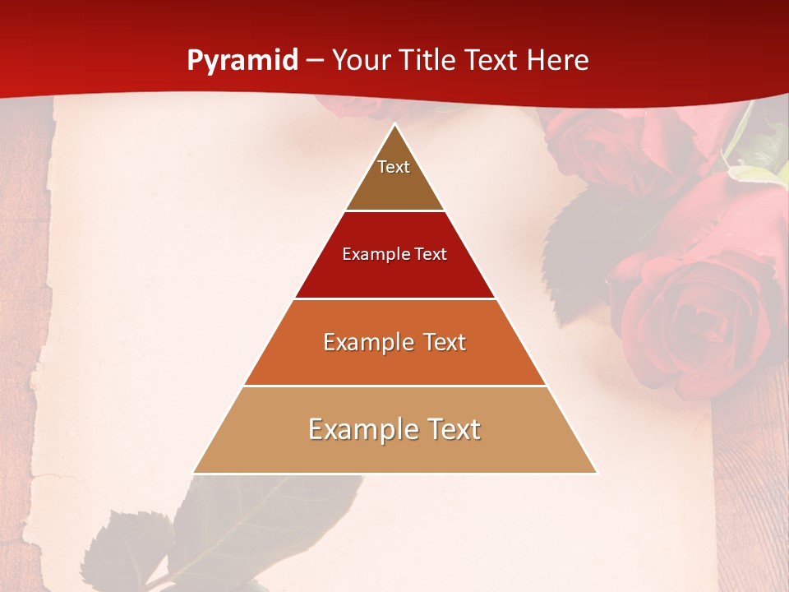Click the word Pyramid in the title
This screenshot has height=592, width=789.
(x=242, y=61)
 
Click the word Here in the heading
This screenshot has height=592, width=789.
(x=557, y=61)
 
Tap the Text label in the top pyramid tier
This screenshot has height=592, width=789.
(x=394, y=167)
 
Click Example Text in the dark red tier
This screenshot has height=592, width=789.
(x=394, y=254)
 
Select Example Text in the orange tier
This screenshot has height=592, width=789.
(x=394, y=342)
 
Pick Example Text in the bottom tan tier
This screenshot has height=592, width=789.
(x=394, y=429)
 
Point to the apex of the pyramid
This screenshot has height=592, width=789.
(x=395, y=125)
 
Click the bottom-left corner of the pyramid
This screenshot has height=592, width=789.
(x=195, y=472)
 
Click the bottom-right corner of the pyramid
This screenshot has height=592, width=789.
(x=596, y=472)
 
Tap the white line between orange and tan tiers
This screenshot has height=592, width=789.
(x=394, y=386)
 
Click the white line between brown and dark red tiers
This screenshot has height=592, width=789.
(x=394, y=210)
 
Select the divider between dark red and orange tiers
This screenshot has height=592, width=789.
(x=394, y=298)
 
